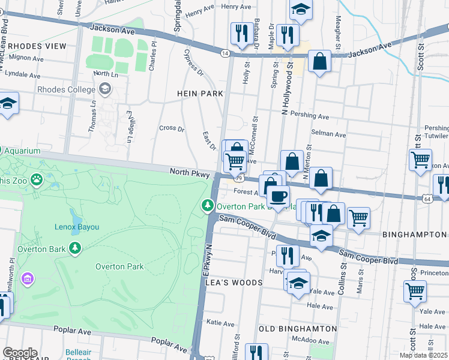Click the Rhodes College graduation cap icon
click(106, 89)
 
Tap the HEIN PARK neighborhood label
click(200, 94)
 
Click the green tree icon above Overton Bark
click(74, 248)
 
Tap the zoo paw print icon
click(37, 178)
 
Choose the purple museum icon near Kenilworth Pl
click(26, 278)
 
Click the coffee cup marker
click(278, 196)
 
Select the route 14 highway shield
click(224, 53)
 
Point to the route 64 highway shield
click(427, 197)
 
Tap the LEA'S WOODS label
click(235, 283)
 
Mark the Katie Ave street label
click(220, 322)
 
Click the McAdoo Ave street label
click(311, 340)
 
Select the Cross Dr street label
click(172, 128)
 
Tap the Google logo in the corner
click(20, 353)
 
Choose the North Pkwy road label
click(189, 172)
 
